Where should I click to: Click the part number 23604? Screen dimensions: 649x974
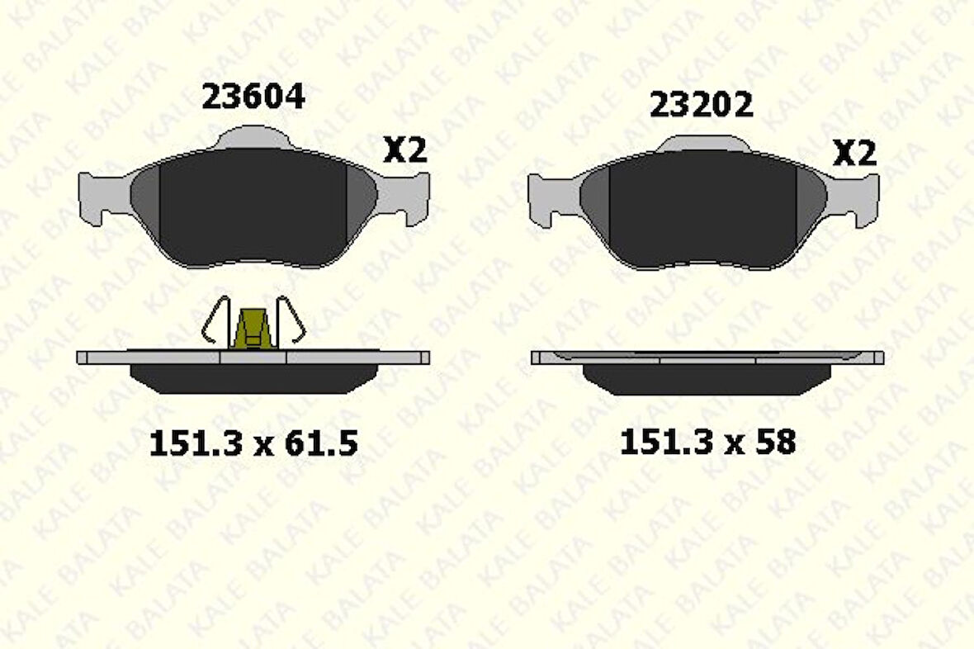[x=253, y=97]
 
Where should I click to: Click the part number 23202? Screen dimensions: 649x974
[x=701, y=106]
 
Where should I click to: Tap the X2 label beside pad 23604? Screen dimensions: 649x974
[x=405, y=150]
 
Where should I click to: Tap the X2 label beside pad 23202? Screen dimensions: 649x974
[x=853, y=154]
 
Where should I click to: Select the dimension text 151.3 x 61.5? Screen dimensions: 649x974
[x=253, y=444]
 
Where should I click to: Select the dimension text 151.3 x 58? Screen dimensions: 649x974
[x=707, y=443]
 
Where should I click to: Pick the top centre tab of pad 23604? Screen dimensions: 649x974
[x=253, y=137]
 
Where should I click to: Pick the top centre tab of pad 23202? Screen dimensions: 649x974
[x=703, y=144]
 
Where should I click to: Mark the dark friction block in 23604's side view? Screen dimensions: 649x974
[x=253, y=378]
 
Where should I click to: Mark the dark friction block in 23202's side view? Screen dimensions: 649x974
[x=707, y=379]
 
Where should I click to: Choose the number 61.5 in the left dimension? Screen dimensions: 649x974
[x=320, y=444]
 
